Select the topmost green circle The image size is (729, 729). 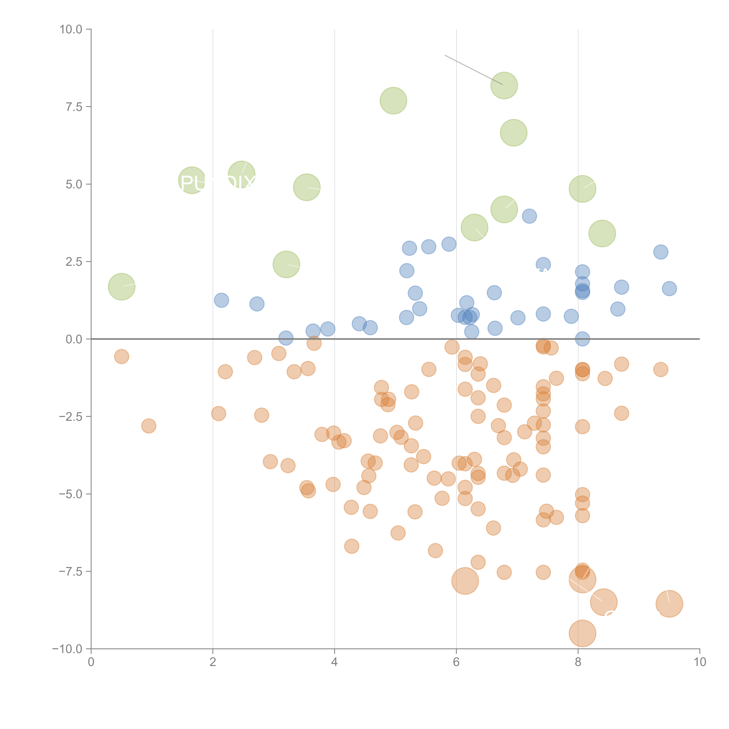tap(504, 85)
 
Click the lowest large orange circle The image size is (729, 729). tap(582, 634)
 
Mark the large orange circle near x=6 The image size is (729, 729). tap(465, 581)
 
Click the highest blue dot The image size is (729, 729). tap(529, 216)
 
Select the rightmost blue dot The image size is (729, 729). tap(669, 289)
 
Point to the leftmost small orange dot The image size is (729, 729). tap(121, 357)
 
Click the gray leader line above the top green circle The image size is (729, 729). tap(474, 70)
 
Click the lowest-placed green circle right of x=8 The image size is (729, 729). tap(602, 234)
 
